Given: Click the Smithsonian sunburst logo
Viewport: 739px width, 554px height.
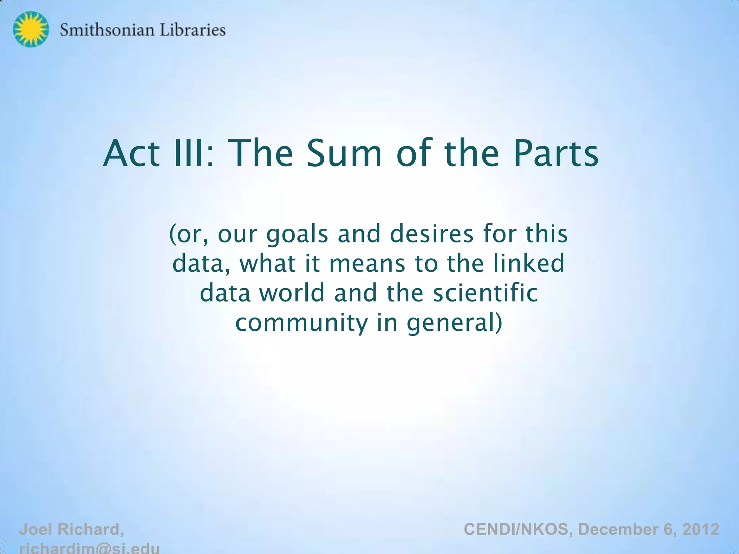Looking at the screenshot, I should (x=31, y=29).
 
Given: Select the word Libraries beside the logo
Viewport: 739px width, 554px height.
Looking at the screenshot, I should (x=192, y=30).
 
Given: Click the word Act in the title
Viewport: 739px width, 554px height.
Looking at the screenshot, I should (x=131, y=154).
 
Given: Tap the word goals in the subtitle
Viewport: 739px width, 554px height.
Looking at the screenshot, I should (x=297, y=234).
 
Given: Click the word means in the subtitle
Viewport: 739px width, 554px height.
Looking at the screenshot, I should (x=367, y=263).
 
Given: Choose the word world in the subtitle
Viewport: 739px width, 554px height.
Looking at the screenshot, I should (x=292, y=293).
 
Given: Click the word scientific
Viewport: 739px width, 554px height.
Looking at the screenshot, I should (x=485, y=293).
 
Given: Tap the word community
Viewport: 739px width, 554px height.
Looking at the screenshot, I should (x=301, y=323).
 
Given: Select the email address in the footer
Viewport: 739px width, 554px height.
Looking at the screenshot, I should (x=89, y=548).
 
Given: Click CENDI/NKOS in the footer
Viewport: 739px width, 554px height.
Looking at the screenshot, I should (x=516, y=529).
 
